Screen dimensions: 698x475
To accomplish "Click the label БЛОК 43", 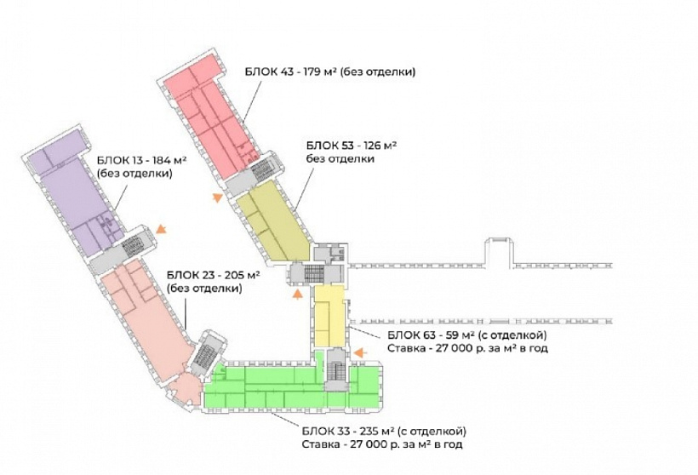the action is pyautogui.click(x=269, y=72).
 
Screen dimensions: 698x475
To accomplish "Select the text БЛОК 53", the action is pyautogui.click(x=330, y=146).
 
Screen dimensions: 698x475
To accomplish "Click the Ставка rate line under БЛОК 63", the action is pyautogui.click(x=467, y=347).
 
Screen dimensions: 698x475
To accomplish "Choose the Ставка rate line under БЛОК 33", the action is pyautogui.click(x=382, y=444).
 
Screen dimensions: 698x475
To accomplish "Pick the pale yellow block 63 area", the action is pyautogui.click(x=329, y=316).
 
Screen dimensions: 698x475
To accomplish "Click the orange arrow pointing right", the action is pyautogui.click(x=217, y=197).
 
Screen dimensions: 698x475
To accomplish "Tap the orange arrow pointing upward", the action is pyautogui.click(x=298, y=294).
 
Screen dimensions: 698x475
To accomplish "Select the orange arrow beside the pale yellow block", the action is pyautogui.click(x=361, y=352).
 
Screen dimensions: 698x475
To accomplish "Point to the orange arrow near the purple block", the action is pyautogui.click(x=161, y=229).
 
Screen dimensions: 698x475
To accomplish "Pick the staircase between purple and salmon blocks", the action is pyautogui.click(x=131, y=246).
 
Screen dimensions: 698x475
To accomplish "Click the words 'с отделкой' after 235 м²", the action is pyautogui.click(x=432, y=431).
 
